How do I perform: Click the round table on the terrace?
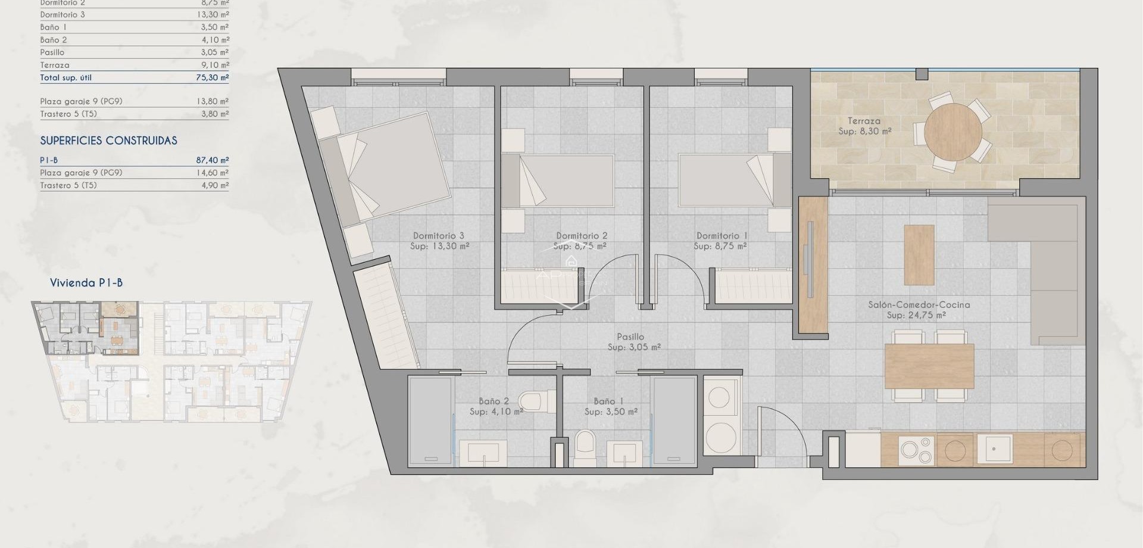point(952,132)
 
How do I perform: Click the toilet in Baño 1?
point(585,447)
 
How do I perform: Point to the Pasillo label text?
point(631,337)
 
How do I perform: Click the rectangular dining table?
point(929,366)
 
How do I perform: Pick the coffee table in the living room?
point(919,254)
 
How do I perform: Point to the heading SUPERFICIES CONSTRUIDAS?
point(108,141)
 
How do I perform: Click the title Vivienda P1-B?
point(86,283)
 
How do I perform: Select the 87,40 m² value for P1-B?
point(213,160)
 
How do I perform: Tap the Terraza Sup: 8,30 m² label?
point(864,126)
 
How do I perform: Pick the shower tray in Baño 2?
point(430,421)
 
